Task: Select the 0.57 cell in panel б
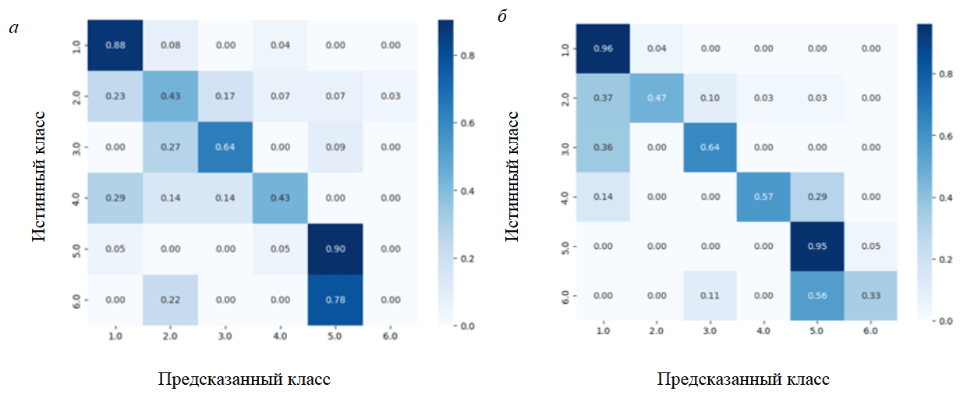pos(763,197)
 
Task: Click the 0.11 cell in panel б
pos(710,296)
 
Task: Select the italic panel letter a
pos(13,29)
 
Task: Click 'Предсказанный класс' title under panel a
pos(243,380)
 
